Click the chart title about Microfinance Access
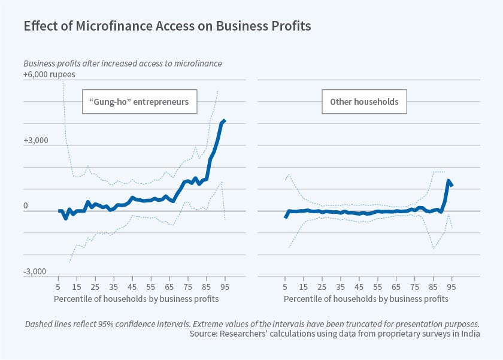click(x=167, y=26)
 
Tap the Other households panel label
click(x=364, y=102)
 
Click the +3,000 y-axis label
click(x=35, y=141)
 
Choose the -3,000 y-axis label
click(x=35, y=272)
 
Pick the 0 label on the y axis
click(x=26, y=207)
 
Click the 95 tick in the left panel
click(x=225, y=286)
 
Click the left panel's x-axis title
click(x=136, y=298)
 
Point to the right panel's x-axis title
click(x=366, y=298)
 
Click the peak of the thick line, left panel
click(x=224, y=121)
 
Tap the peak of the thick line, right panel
click(x=449, y=180)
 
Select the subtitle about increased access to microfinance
click(x=131, y=63)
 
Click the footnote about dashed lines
click(x=250, y=323)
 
